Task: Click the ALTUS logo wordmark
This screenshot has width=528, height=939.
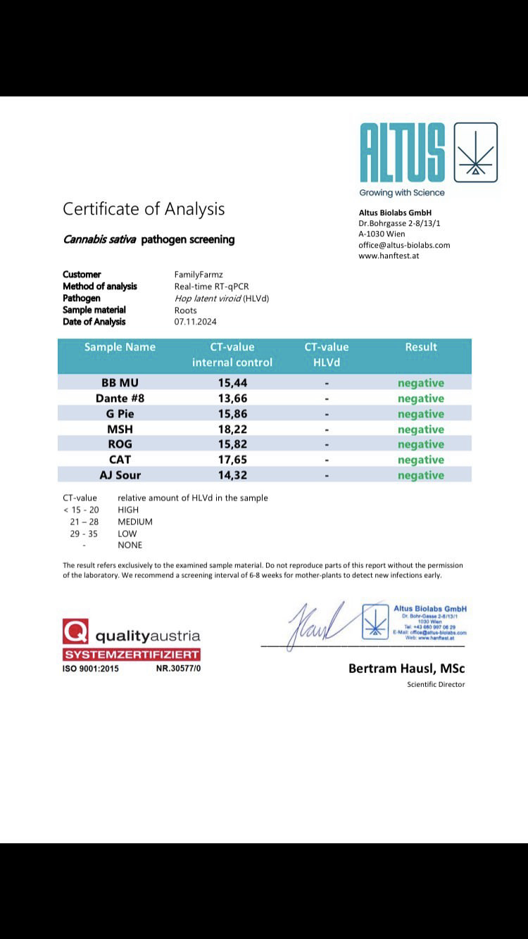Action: coord(403,153)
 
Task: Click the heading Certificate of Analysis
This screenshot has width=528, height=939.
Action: coord(144,209)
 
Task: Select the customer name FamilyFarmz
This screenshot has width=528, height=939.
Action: coord(198,275)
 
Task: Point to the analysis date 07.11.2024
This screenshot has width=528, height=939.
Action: coord(195,322)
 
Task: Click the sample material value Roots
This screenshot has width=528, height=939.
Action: coord(186,310)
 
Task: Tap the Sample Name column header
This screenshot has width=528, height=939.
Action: coord(120,347)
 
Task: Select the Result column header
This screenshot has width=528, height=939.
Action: coord(421,347)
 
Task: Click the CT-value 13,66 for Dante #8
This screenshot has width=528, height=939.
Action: coord(232,398)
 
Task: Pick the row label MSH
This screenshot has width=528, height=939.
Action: coord(120,429)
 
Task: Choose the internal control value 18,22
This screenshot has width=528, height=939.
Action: coord(232,429)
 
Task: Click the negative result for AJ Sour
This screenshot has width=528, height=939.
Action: coord(421,475)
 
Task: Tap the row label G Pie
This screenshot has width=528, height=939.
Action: coord(120,414)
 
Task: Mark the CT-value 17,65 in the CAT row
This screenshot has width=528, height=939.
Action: coord(232,460)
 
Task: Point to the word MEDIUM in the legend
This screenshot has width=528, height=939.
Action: coord(135,522)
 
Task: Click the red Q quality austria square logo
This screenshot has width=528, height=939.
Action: coord(75,631)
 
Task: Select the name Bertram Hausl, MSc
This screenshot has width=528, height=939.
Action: coord(406,668)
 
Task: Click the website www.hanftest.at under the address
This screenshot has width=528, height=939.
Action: coord(389,256)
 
